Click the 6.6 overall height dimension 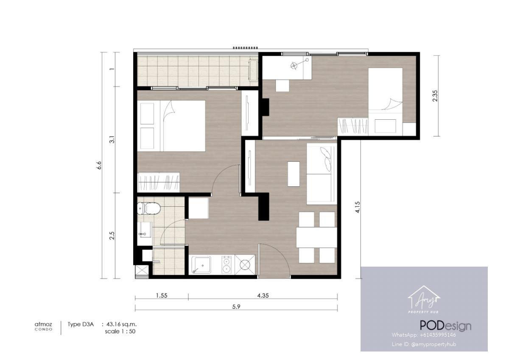(99, 165)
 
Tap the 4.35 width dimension (263, 295)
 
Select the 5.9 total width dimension (236, 307)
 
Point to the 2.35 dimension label (435, 96)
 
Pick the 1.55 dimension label (162, 295)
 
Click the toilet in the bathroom (149, 208)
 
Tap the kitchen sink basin (201, 265)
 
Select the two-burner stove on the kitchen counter (227, 265)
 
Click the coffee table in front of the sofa (294, 174)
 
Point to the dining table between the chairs (316, 237)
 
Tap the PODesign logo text (445, 326)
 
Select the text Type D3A (81, 324)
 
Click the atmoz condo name (43, 326)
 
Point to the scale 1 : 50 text (120, 332)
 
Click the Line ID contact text (424, 344)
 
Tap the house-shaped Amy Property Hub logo (424, 299)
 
